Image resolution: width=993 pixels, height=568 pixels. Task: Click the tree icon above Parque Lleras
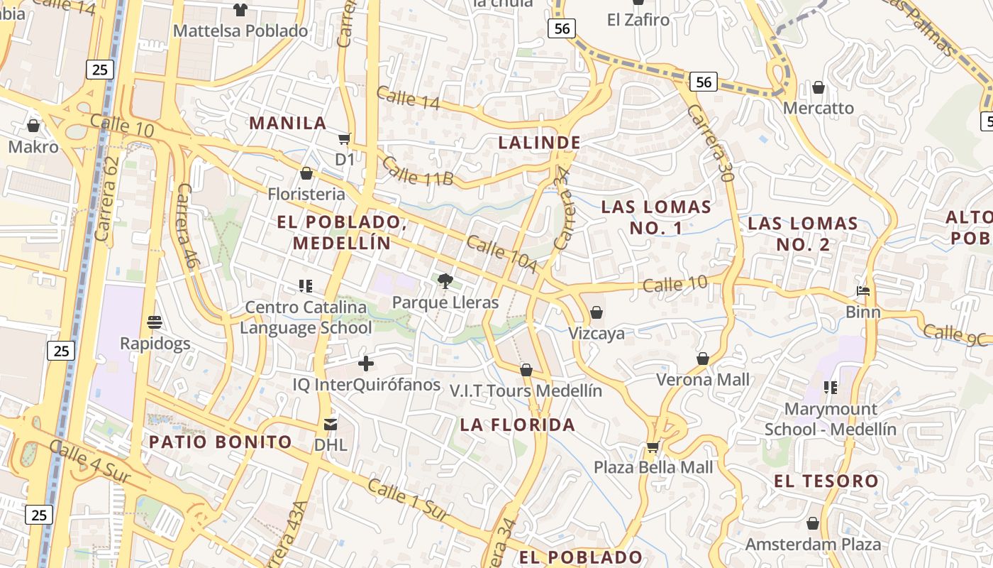tap(445, 281)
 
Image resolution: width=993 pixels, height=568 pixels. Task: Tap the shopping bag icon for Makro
tap(33, 126)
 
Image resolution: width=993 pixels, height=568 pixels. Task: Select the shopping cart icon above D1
tap(345, 138)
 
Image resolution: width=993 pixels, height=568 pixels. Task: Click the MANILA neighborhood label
tap(287, 123)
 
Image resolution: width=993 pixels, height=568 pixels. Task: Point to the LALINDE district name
tap(539, 143)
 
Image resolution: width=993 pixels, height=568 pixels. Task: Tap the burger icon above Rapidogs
tap(155, 322)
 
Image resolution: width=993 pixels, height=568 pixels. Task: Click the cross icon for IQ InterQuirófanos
tap(366, 364)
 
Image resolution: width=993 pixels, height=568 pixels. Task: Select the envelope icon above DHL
tap(331, 425)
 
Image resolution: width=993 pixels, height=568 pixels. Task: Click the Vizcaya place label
tap(597, 334)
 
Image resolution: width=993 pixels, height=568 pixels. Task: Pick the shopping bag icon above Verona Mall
tap(703, 359)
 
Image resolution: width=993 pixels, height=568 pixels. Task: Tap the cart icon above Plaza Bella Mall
tap(653, 447)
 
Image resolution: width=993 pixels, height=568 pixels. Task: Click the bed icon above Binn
tap(863, 291)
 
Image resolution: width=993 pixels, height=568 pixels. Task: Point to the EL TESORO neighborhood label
tap(826, 481)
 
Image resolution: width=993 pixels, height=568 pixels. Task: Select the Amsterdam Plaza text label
tap(813, 545)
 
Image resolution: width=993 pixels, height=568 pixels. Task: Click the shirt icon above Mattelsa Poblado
tap(240, 10)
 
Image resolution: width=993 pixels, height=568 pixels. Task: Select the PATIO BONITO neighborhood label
tap(220, 442)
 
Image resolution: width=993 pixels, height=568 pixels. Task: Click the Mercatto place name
tap(819, 109)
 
